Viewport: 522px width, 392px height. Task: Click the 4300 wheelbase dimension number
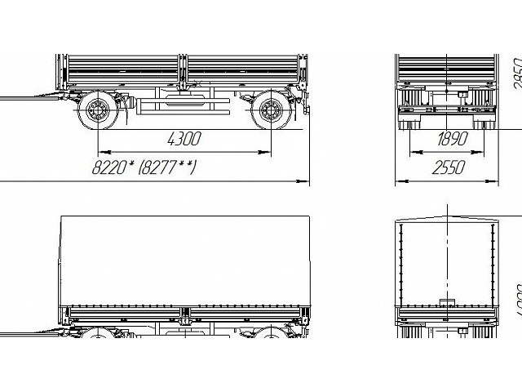tap(184, 139)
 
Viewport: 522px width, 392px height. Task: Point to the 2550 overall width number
tap(448, 167)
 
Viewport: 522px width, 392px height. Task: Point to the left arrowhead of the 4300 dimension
tap(101, 152)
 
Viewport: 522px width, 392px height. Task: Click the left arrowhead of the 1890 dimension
tap(414, 152)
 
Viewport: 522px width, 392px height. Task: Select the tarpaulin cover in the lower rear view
tap(448, 261)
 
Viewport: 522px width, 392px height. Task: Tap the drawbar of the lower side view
tap(33, 331)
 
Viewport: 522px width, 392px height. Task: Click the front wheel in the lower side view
tap(100, 336)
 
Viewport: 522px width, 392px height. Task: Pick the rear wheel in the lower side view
tap(270, 336)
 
